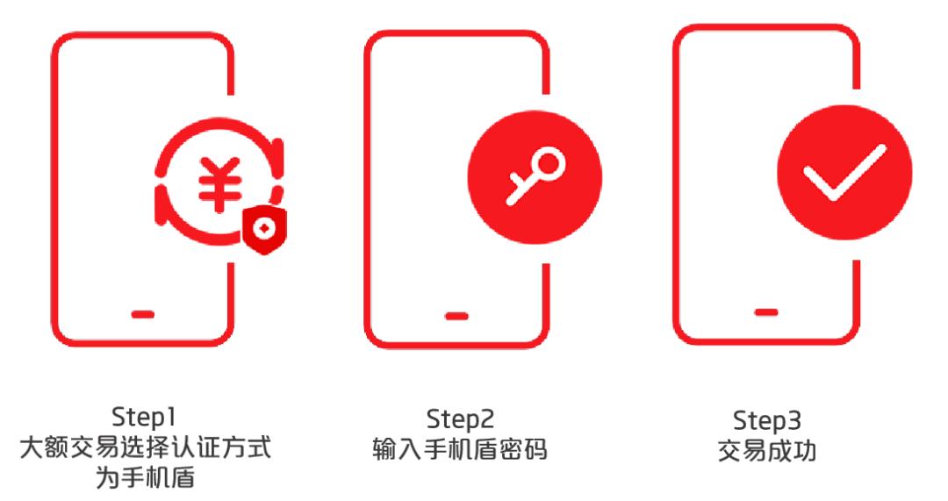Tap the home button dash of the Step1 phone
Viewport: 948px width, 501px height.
tap(144, 313)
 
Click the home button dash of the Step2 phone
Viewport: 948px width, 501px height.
tap(456, 315)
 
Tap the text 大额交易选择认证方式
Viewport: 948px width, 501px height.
tap(145, 448)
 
